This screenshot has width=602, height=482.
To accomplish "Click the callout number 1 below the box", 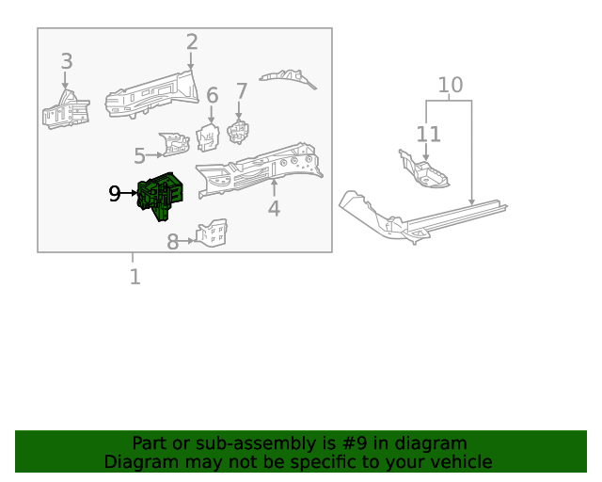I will (135, 277).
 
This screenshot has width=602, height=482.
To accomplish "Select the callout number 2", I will (192, 42).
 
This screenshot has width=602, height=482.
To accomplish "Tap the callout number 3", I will (66, 62).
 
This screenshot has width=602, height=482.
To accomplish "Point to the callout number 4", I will (274, 208).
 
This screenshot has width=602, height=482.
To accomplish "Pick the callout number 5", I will (139, 155).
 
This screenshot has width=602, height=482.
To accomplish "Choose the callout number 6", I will (212, 95).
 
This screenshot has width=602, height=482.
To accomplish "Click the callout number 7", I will (242, 91).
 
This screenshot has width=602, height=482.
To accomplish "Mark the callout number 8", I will (173, 242).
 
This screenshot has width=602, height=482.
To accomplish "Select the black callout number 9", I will (115, 194).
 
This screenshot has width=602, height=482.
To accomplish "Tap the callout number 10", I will (451, 85).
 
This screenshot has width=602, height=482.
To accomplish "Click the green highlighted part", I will (160, 196).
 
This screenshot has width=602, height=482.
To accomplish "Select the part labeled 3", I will (64, 110).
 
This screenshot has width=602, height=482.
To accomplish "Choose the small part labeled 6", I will (207, 137).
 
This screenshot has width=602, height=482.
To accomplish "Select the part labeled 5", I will (175, 144).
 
